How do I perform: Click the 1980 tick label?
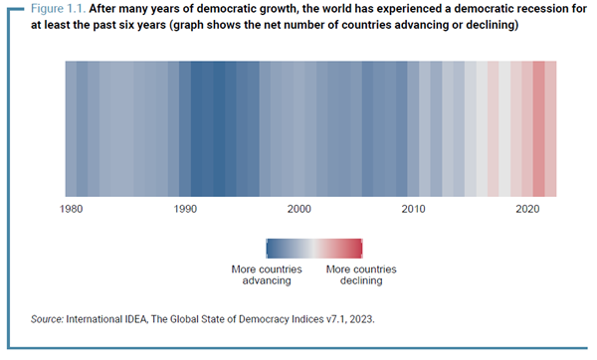pyautogui.click(x=71, y=210)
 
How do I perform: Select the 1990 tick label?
pyautogui.click(x=185, y=210)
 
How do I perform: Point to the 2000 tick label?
pyautogui.click(x=299, y=210)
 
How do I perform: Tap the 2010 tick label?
pyautogui.click(x=414, y=210)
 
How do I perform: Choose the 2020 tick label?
pyautogui.click(x=528, y=210)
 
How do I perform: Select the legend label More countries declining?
pyautogui.click(x=361, y=275)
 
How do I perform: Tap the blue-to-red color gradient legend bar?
pyautogui.click(x=313, y=249)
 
